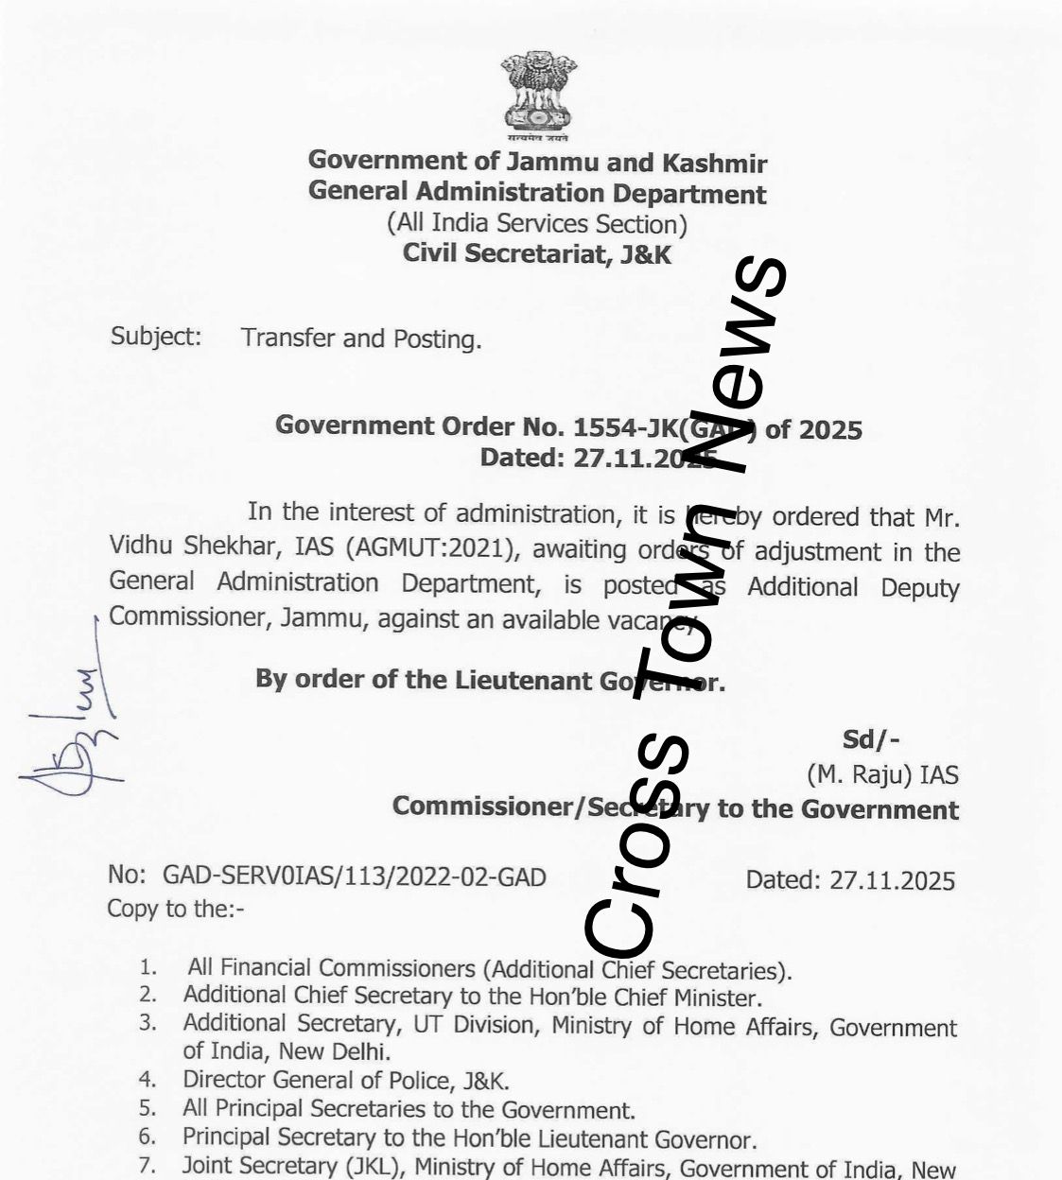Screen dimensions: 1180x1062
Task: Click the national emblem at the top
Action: pyautogui.click(x=538, y=93)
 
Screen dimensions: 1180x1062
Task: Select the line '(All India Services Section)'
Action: pyautogui.click(x=536, y=224)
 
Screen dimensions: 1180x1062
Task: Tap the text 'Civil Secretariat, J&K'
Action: pyautogui.click(x=537, y=253)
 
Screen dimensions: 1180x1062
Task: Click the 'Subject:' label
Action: pyautogui.click(x=156, y=337)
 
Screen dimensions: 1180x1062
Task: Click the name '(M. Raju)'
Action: pyautogui.click(x=860, y=775)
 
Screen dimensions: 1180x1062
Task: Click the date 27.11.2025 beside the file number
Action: pyautogui.click(x=892, y=880)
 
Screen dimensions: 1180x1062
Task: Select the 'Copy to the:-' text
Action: pyautogui.click(x=176, y=909)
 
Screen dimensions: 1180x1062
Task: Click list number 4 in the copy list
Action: pyautogui.click(x=147, y=1079)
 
